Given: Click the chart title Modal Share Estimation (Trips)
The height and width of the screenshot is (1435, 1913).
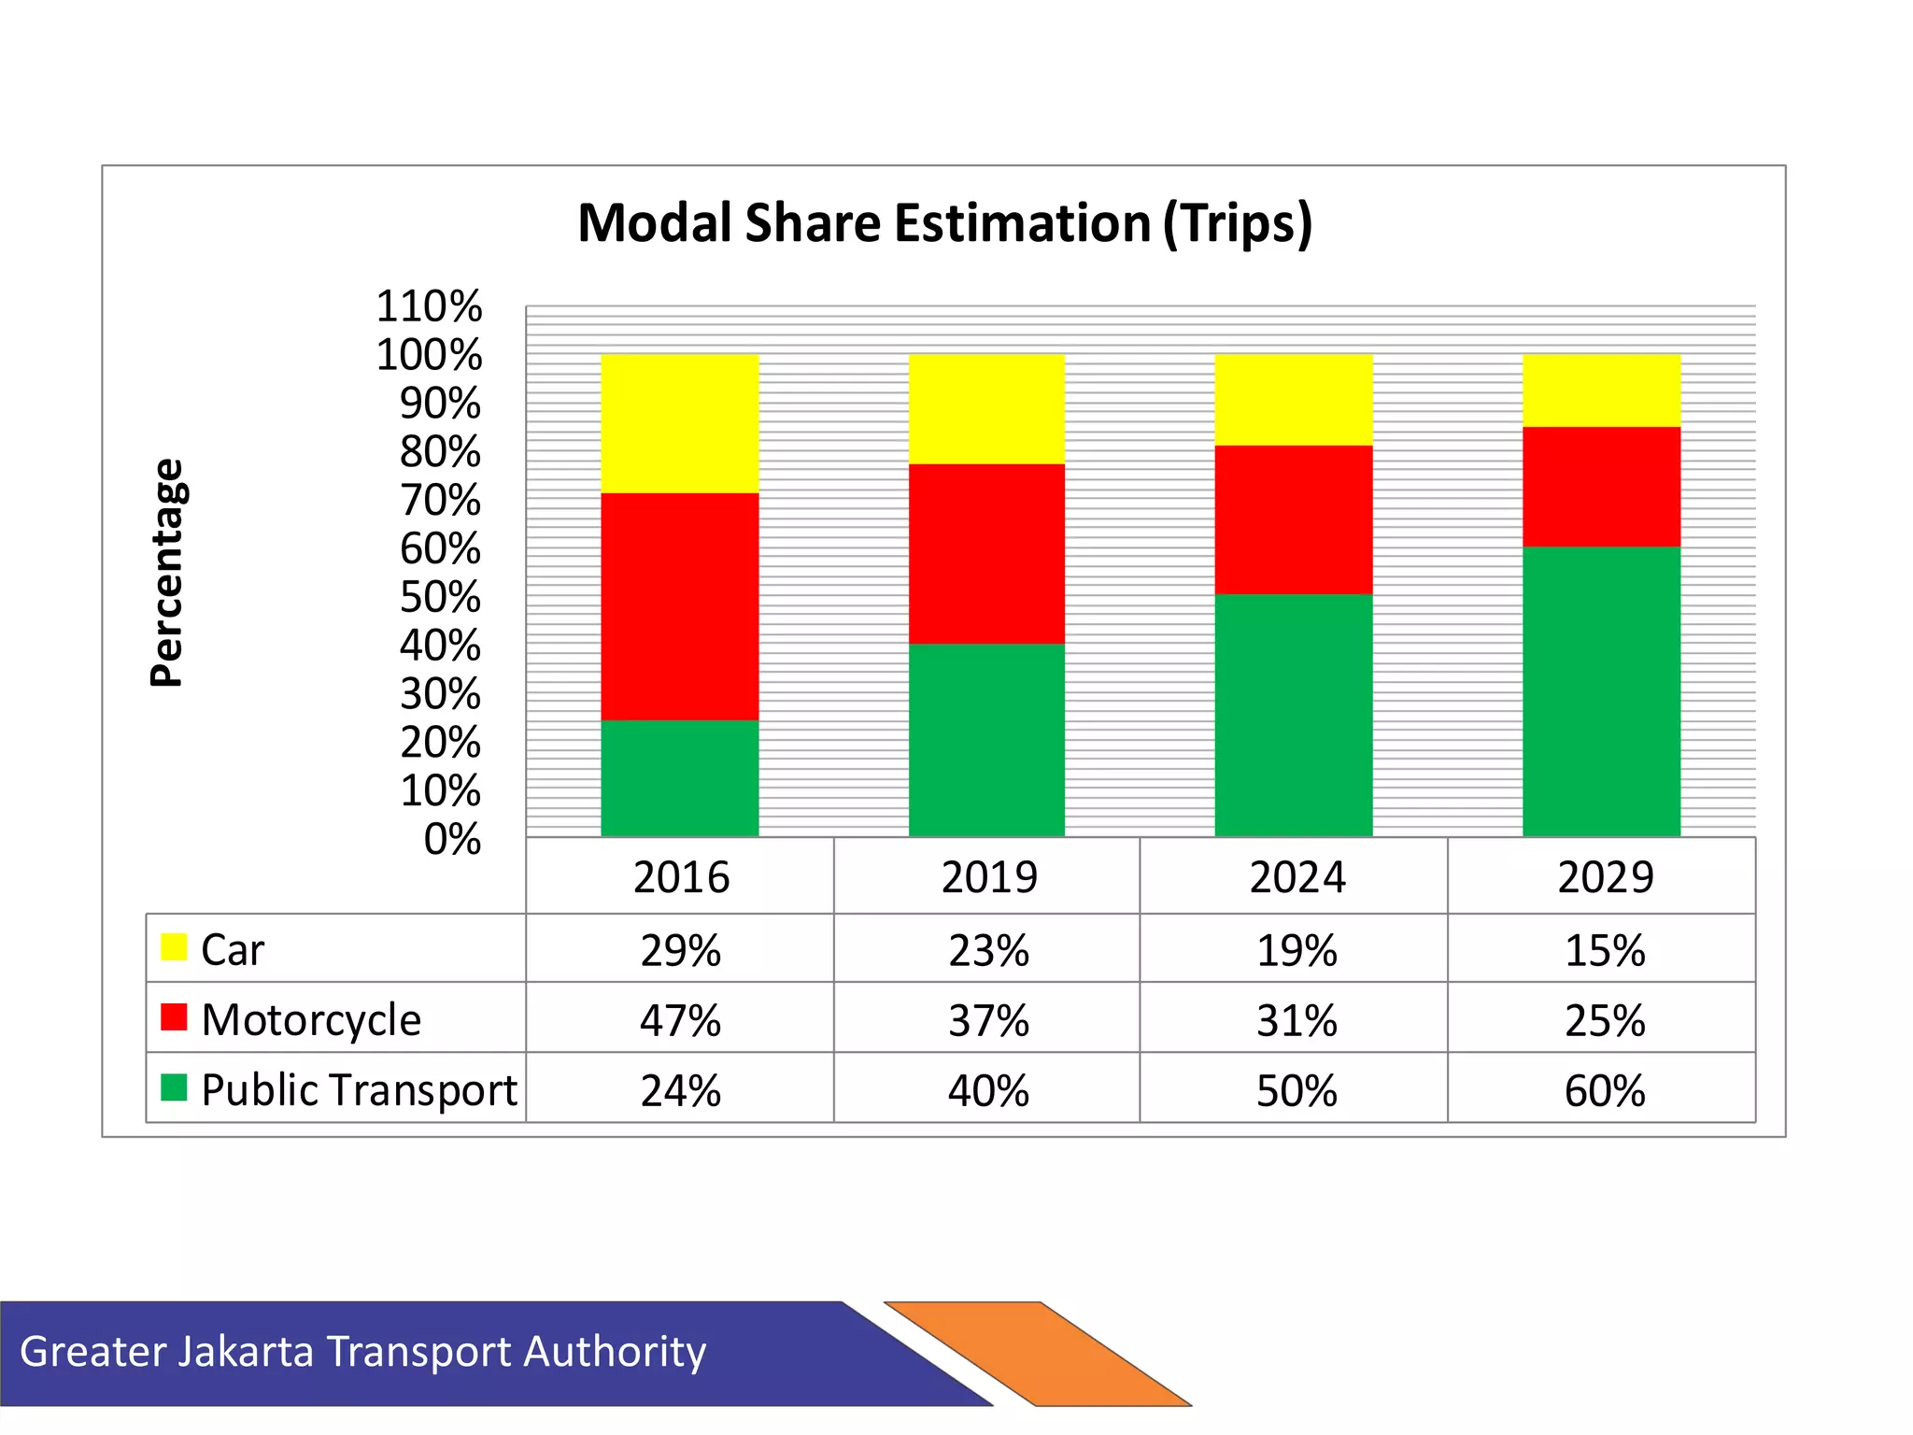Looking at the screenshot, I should (x=944, y=224).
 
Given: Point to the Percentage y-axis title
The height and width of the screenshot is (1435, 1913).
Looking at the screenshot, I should (x=168, y=573).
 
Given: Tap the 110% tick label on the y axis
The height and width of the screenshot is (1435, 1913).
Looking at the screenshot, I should (x=429, y=306).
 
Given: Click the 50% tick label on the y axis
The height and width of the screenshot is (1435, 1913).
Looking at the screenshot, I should (x=440, y=597).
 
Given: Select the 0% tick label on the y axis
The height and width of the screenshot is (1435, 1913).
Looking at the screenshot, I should (x=452, y=839).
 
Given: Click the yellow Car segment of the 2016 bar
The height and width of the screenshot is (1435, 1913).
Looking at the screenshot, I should (x=679, y=423).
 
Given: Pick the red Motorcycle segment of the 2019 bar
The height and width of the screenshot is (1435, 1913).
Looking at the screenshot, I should (x=986, y=553).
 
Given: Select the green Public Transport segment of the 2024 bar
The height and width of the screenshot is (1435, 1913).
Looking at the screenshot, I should (x=1293, y=715).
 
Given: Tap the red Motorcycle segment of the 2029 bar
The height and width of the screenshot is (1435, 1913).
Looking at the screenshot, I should (x=1601, y=487).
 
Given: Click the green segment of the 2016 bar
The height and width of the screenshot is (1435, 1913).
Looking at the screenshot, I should (x=679, y=777).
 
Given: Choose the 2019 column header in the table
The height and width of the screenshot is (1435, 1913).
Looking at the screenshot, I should (x=988, y=877).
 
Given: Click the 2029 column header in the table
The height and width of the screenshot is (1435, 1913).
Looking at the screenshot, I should (x=1604, y=877).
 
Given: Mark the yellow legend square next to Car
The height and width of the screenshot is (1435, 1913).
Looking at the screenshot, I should (x=174, y=946).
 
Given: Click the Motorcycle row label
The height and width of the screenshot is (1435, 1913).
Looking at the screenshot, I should (x=311, y=1019).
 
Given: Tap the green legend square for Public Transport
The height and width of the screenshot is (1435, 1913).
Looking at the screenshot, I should (x=174, y=1087).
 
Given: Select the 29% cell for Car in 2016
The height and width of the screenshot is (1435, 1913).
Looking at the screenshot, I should (x=680, y=950).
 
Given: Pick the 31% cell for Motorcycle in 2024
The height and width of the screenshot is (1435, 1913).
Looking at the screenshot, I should (x=1296, y=1020).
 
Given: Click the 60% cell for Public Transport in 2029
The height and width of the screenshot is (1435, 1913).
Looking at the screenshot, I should (x=1604, y=1090).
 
